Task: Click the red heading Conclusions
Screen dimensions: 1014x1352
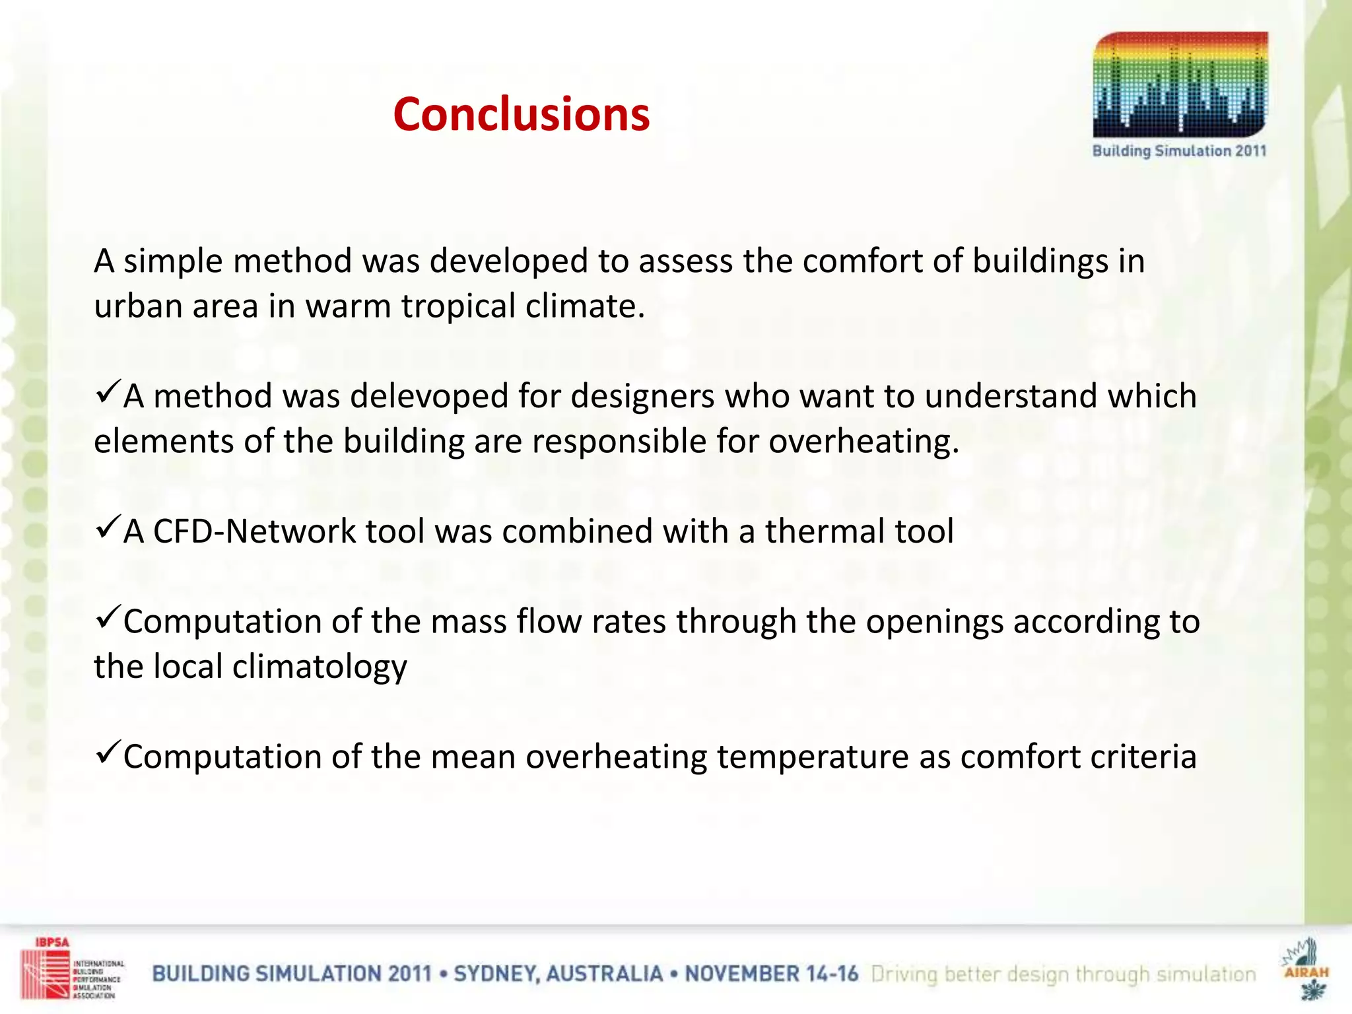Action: click(521, 114)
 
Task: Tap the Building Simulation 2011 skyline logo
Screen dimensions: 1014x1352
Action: click(1180, 84)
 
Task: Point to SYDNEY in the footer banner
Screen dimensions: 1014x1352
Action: click(496, 974)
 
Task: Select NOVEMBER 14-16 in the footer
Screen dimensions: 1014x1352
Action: click(771, 974)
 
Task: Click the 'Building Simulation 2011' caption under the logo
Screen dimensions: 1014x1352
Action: click(1179, 151)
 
